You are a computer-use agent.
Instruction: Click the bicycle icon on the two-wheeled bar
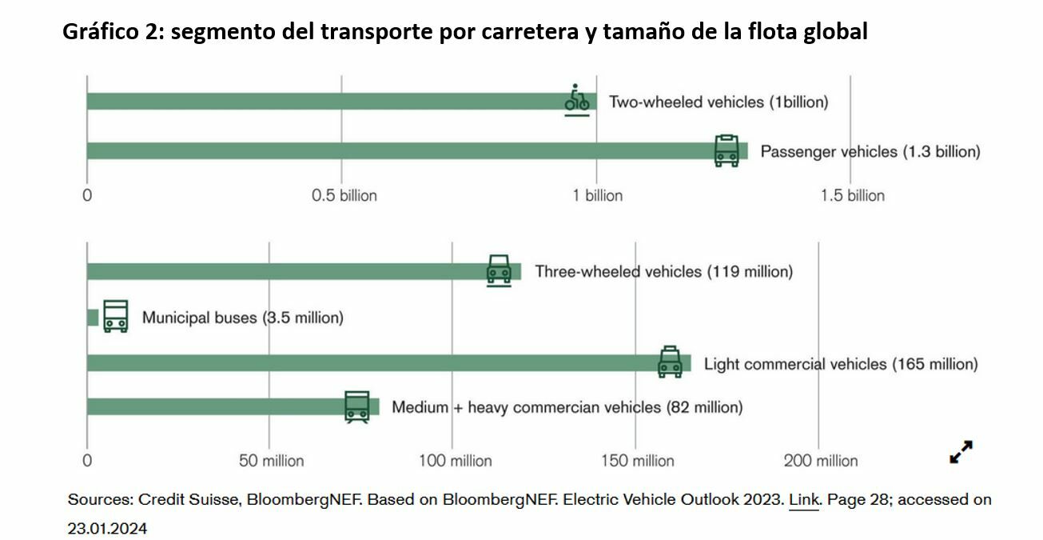[x=577, y=99]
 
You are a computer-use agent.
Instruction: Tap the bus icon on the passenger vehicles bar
[x=727, y=150]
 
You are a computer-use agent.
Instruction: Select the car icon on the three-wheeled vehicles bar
[x=499, y=270]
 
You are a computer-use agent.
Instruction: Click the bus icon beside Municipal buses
[x=116, y=316]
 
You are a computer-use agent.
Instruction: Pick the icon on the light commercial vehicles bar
[x=670, y=362]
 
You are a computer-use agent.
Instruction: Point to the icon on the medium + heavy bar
[x=357, y=406]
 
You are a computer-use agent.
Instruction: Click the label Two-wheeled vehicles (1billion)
[x=719, y=102]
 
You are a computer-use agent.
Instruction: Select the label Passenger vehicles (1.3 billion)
[x=870, y=152]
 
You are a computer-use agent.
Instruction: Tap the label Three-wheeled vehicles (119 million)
[x=663, y=272]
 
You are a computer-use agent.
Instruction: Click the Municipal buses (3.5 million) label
[x=242, y=318]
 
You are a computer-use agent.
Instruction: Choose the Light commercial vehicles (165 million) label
[x=840, y=365]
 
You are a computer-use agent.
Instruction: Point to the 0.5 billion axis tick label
[x=344, y=196]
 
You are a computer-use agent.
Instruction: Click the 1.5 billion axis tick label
[x=853, y=196]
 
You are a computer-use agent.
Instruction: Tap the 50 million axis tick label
[x=272, y=462]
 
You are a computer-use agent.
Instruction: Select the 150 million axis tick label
[x=638, y=462]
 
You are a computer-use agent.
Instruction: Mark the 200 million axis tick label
[x=821, y=462]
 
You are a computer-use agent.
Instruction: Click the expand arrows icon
[x=961, y=452]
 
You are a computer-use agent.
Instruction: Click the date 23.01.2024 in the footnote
[x=108, y=529]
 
